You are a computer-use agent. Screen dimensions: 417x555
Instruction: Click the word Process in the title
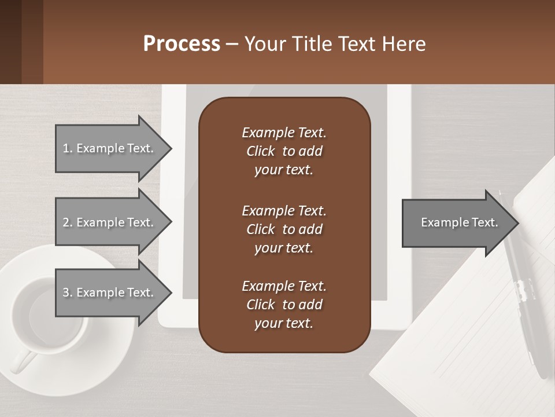(x=182, y=44)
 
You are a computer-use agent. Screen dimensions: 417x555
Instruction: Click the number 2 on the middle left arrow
(x=66, y=222)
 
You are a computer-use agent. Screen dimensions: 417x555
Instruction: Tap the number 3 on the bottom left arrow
(x=66, y=292)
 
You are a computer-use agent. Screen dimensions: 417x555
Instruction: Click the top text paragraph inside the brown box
(x=284, y=151)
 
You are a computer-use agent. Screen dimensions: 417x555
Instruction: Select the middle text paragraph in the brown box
(x=284, y=229)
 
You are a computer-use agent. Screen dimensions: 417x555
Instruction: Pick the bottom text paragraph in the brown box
(x=284, y=304)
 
